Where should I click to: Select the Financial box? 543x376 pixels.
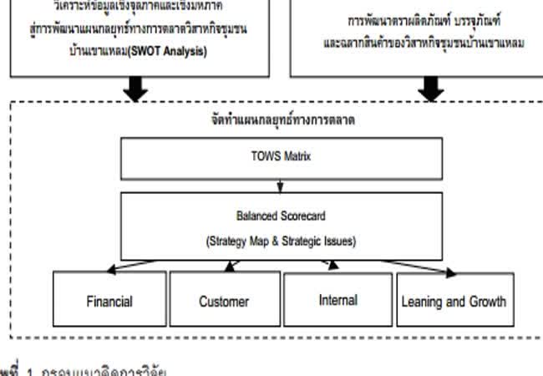pyautogui.click(x=109, y=300)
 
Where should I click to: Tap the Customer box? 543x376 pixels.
pyautogui.click(x=223, y=301)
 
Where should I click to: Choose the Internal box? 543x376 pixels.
pyautogui.click(x=337, y=300)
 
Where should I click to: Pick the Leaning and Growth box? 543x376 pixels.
pyautogui.click(x=452, y=301)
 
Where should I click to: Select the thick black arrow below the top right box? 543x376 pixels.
pyautogui.click(x=430, y=88)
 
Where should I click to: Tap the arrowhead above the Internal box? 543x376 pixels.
pyautogui.click(x=333, y=265)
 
